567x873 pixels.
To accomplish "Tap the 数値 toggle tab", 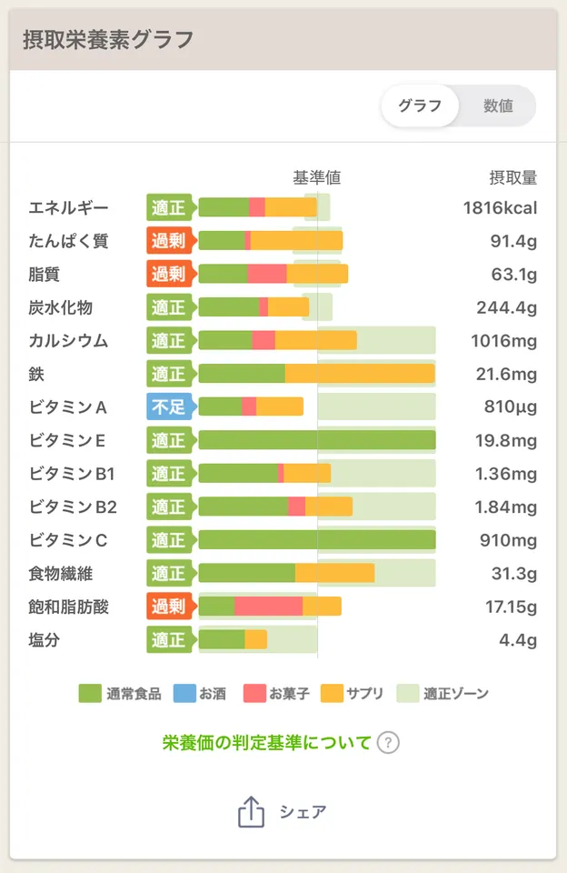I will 498,105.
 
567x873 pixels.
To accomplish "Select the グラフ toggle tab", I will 420,105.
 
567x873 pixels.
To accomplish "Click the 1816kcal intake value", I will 500,207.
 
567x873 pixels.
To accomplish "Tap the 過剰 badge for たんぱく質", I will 168,241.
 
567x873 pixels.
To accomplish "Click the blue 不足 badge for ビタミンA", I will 168,406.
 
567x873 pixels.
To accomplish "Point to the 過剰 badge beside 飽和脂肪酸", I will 168,607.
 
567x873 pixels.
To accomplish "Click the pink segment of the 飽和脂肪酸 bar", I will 268,607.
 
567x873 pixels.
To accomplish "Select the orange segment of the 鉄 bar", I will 360,374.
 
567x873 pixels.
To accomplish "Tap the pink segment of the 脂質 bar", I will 266,274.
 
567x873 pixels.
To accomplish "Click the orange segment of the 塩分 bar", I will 255,640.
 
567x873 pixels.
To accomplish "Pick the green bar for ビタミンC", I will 316,540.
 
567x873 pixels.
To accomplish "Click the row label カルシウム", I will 68,341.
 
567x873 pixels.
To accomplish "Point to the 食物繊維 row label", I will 60,574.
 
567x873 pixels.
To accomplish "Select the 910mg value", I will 508,540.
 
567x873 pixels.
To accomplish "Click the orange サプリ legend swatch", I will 333,693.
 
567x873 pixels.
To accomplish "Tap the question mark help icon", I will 388,743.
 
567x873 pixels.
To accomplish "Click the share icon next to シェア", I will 251,812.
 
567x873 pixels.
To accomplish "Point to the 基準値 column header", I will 316,177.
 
